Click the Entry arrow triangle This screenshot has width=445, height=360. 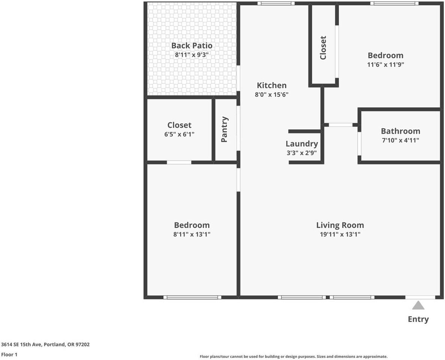pos(418,306)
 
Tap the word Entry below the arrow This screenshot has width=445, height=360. pos(418,319)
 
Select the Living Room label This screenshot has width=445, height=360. pos(340,225)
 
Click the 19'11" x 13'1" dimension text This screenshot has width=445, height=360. pos(340,234)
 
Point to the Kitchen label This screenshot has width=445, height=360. pos(272,85)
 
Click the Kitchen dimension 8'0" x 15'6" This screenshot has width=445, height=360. pos(272,94)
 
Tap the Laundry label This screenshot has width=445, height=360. pos(302,144)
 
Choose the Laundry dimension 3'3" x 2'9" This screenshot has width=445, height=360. pos(302,153)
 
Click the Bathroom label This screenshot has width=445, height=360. pos(400,131)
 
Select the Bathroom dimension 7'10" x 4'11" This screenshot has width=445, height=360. pos(400,140)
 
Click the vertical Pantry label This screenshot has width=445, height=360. pos(224,129)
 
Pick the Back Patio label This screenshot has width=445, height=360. pos(192,45)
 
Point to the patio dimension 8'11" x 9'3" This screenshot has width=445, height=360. pos(192,55)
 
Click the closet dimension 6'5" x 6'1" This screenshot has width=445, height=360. pos(179,134)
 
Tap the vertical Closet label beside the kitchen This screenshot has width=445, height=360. pos(323,48)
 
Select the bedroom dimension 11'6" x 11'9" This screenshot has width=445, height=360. pos(385,64)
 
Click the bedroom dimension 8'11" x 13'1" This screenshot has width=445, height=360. pos(192,234)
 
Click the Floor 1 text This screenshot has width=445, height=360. pos(9,354)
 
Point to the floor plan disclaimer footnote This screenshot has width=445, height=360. pos(293,357)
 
